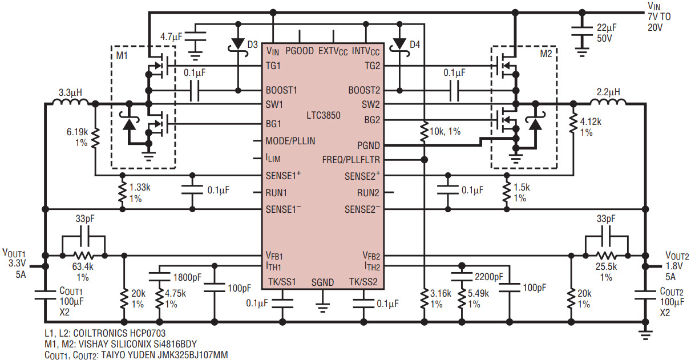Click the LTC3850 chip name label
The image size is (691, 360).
323,115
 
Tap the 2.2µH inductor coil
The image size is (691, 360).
608,103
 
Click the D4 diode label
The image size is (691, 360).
414,44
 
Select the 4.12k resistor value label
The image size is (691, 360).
590,122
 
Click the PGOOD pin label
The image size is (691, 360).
300,51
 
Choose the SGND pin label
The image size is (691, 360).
323,282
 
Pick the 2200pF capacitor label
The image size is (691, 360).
489,277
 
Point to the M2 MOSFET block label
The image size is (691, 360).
546,54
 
